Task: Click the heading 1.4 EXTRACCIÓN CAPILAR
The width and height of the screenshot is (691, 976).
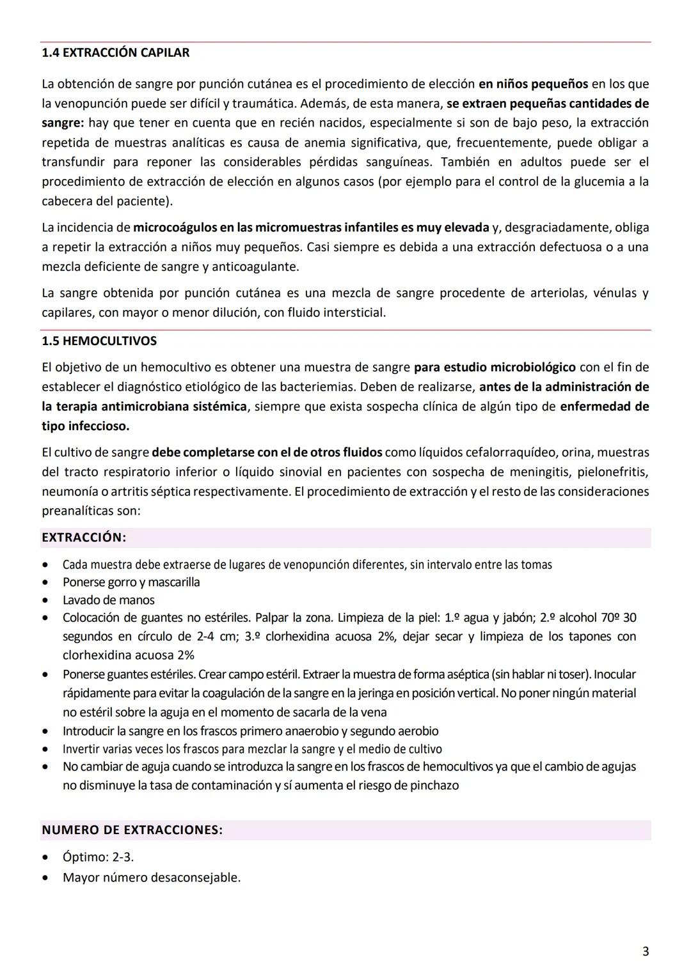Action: (115, 52)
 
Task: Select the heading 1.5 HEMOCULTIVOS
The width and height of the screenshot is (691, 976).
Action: (99, 341)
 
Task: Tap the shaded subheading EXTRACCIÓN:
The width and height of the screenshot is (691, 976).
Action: (84, 538)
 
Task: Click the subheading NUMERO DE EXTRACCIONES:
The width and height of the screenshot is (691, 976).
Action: (132, 830)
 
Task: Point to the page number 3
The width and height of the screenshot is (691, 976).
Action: (645, 951)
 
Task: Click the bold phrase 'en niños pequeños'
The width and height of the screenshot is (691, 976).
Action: (533, 83)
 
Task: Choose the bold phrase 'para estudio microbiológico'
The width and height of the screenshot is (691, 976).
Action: (495, 368)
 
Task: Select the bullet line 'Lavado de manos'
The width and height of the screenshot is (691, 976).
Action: (108, 600)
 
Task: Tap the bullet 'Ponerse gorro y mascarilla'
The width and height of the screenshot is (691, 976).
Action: (131, 582)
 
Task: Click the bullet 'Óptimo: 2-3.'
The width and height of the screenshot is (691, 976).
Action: (98, 857)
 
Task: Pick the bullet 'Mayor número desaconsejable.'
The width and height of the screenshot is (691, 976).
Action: (152, 878)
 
